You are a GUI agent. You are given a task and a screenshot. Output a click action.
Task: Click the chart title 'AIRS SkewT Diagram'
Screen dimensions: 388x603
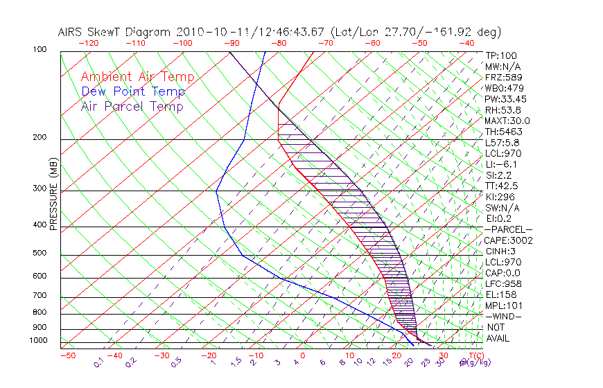[116, 33]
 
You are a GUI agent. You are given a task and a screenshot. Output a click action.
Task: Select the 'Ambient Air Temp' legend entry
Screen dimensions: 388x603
[137, 77]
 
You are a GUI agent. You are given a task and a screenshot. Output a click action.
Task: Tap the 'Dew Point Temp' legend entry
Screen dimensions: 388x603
[133, 91]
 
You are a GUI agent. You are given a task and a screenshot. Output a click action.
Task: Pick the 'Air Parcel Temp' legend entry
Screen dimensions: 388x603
[132, 106]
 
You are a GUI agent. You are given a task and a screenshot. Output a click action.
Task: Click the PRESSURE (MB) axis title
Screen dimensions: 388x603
[53, 195]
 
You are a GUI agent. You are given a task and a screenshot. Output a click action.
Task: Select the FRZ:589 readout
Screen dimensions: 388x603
[502, 78]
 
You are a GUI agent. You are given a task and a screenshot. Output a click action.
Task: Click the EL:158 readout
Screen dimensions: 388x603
[500, 294]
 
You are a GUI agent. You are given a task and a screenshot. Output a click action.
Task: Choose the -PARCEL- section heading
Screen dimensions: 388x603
[509, 229]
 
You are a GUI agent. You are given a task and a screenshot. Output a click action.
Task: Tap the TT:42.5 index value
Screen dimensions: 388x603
[502, 186]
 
